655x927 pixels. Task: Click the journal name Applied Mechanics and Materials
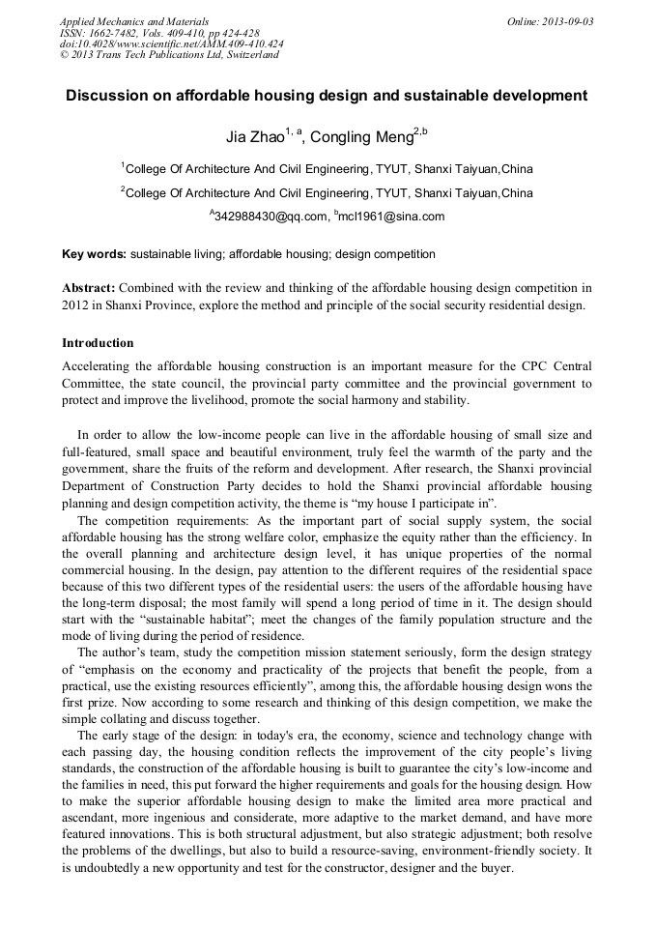click(133, 21)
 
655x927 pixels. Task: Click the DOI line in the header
click(171, 43)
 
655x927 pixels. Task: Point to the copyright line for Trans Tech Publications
click(169, 55)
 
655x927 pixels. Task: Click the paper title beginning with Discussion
click(327, 96)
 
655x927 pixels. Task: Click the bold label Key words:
click(94, 254)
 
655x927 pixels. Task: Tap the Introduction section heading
click(98, 343)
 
